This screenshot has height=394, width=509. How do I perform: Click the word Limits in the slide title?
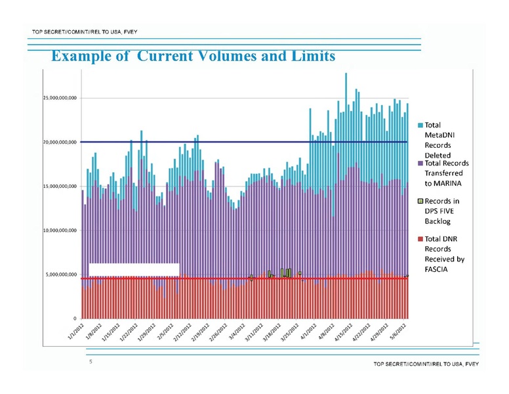(309, 56)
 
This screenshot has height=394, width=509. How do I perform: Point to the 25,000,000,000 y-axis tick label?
(56, 98)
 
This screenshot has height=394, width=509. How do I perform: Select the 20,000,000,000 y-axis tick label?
(56, 142)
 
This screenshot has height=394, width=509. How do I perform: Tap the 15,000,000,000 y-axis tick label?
(56, 187)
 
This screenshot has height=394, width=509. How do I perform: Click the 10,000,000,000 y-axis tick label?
(56, 231)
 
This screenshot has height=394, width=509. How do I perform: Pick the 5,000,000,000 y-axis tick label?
(58, 275)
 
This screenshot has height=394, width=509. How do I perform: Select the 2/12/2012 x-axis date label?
(184, 332)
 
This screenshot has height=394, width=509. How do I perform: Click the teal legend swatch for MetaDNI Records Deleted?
(420, 125)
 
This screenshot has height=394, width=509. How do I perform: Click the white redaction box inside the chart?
(134, 269)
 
